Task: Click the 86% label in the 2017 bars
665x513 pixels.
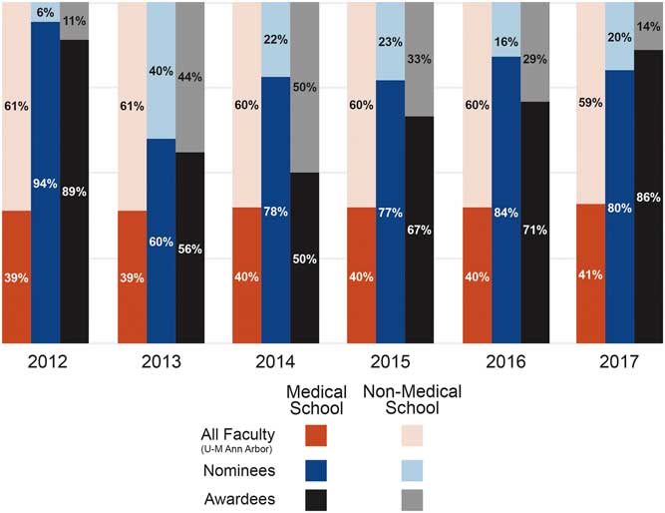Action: pos(649,198)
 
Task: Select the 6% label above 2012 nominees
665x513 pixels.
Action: pos(46,11)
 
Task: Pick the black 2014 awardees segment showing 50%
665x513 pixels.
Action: pos(305,257)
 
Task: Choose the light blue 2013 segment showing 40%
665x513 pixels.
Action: pos(162,70)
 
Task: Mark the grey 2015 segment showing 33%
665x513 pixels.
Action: pos(420,59)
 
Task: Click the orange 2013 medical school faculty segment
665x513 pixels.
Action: pos(132,276)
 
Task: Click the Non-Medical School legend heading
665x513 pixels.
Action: pos(404,400)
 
